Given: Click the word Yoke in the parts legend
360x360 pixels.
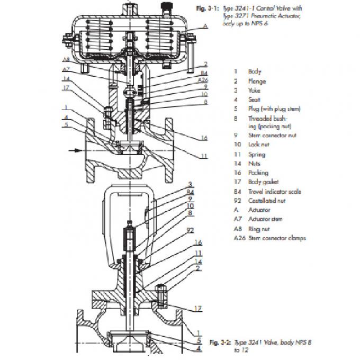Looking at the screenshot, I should point(254,91).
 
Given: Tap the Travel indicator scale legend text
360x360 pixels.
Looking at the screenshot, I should point(274,191).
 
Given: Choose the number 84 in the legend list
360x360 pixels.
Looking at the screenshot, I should point(237,191).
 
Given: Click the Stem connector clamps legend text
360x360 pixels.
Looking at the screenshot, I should point(277,238).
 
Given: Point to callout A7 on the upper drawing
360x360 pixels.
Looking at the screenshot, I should point(65,69).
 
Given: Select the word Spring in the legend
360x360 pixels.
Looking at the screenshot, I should point(257,155).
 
